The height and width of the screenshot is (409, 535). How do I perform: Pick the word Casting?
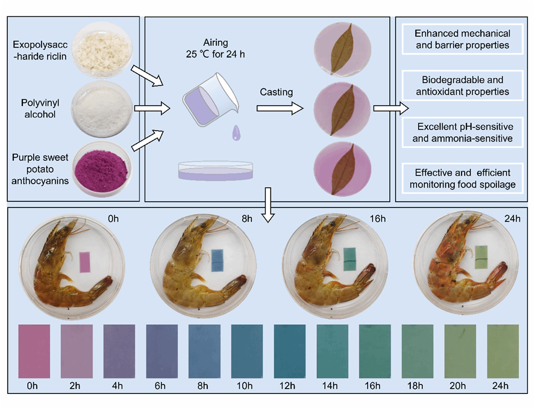click(x=277, y=92)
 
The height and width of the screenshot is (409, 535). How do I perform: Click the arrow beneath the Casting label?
click(x=280, y=109)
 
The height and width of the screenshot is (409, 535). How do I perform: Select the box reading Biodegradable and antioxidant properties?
click(x=463, y=86)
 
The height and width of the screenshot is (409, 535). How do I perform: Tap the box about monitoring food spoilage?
click(x=463, y=179)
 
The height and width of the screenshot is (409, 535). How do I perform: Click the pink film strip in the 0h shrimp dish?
click(x=86, y=262)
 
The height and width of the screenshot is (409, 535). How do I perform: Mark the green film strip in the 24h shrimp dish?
click(x=480, y=255)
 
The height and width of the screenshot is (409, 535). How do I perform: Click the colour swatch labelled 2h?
click(x=77, y=351)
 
